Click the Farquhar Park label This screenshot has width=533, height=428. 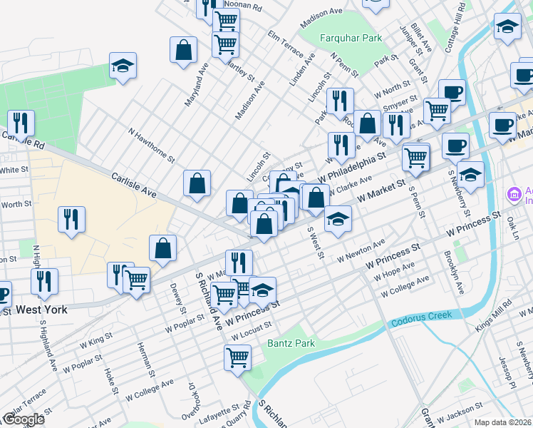[x=351, y=39]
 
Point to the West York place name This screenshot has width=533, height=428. [x=41, y=310]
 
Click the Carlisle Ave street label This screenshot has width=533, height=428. [x=133, y=184]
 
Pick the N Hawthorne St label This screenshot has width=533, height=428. [x=151, y=145]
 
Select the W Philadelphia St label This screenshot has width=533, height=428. [x=352, y=165]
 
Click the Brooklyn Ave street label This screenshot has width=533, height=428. [x=454, y=272]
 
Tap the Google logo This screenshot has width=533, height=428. [x=24, y=419]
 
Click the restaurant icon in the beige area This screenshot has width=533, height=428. [x=71, y=218]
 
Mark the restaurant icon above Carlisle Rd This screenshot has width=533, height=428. [x=21, y=123]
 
